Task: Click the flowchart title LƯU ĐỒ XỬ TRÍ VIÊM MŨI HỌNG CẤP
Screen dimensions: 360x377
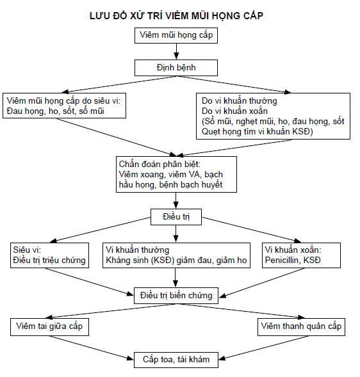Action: tap(176, 16)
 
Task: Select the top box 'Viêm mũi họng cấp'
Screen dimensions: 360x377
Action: tap(176, 36)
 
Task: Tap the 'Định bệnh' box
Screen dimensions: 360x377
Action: tap(176, 68)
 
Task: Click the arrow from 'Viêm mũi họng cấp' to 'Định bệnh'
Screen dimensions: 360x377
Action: tap(176, 51)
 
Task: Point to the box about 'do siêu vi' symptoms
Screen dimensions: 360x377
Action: tap(64, 106)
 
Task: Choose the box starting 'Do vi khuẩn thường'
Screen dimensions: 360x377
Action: tap(273, 116)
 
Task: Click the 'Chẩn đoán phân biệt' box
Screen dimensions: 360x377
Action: tap(176, 175)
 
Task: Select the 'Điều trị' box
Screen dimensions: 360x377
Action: tap(176, 217)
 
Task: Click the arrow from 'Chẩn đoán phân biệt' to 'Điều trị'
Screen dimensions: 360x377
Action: tap(176, 200)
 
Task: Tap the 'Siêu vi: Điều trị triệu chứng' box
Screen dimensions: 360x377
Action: tap(49, 255)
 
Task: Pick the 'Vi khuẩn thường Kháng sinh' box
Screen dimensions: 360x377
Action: tap(176, 255)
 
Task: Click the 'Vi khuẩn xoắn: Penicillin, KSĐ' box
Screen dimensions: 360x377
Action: tap(301, 255)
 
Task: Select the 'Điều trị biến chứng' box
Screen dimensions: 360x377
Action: tap(176, 296)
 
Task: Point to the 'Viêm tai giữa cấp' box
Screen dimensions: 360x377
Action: tap(49, 327)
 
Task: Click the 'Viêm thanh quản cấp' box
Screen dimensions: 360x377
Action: tap(301, 327)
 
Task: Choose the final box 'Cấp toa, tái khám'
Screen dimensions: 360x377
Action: tap(176, 360)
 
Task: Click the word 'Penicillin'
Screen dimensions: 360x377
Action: tap(281, 260)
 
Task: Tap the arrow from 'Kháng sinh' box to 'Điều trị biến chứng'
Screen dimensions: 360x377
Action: tap(176, 278)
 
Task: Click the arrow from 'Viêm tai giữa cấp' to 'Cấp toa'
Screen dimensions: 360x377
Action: tap(92, 348)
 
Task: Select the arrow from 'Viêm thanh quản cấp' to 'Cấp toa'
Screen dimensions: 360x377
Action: tap(263, 348)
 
